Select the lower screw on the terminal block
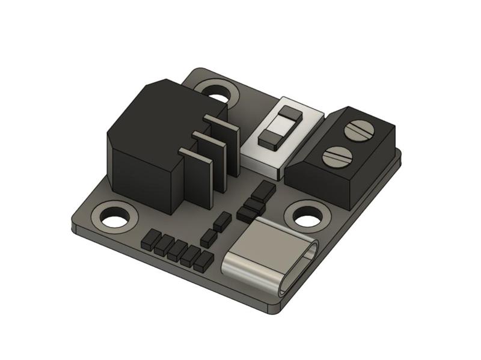[337, 157]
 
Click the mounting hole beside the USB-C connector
[307, 217]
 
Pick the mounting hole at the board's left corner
[114, 218]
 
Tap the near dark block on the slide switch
[269, 139]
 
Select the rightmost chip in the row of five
[203, 261]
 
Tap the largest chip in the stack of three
[263, 191]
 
